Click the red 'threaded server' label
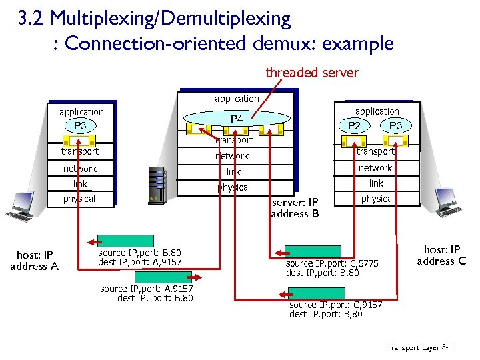coord(311,73)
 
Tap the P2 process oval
coord(358,126)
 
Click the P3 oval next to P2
coord(395,126)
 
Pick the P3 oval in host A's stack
coord(80,125)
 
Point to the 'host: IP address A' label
coord(34,260)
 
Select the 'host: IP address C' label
coord(441,255)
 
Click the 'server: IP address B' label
coord(295,207)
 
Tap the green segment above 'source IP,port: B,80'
coord(117,241)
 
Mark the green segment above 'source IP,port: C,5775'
coord(303,251)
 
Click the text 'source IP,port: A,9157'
coord(146,289)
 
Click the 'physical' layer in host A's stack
coord(79,199)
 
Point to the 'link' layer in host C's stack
coord(377,183)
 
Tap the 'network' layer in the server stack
coord(232,156)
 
